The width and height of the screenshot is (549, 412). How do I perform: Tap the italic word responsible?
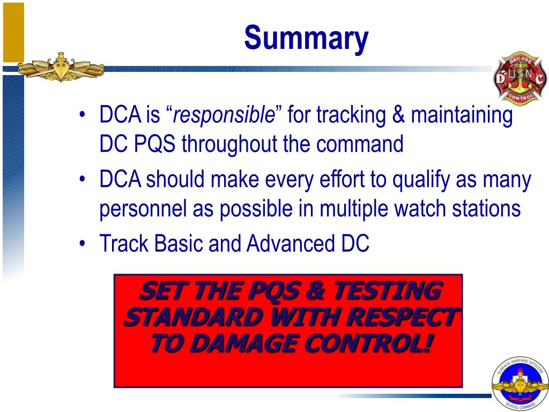click(225, 115)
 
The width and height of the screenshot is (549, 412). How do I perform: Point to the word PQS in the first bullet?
click(153, 144)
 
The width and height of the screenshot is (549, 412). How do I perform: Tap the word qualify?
click(419, 180)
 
